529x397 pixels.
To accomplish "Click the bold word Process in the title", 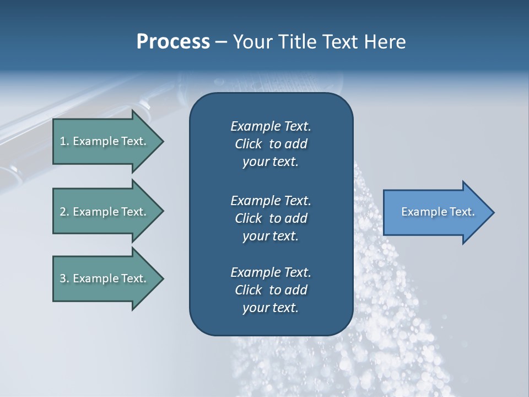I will [x=173, y=41].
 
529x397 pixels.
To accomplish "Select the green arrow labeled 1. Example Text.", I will [x=105, y=141].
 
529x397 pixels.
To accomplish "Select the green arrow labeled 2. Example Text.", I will [x=105, y=212].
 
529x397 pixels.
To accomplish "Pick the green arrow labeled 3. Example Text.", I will [x=105, y=278].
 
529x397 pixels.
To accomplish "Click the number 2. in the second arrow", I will [x=64, y=212].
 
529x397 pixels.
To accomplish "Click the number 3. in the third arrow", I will [x=64, y=278].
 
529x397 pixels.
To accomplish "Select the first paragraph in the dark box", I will [x=271, y=144].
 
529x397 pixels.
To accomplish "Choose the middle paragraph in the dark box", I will [x=271, y=218].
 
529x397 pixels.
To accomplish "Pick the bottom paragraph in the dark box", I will [x=271, y=290].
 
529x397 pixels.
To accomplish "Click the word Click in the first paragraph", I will [x=249, y=144].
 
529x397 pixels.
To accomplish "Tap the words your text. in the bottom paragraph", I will [x=271, y=308].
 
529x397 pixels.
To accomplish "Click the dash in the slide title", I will [x=221, y=42].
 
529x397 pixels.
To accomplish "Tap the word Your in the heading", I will [x=251, y=41].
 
